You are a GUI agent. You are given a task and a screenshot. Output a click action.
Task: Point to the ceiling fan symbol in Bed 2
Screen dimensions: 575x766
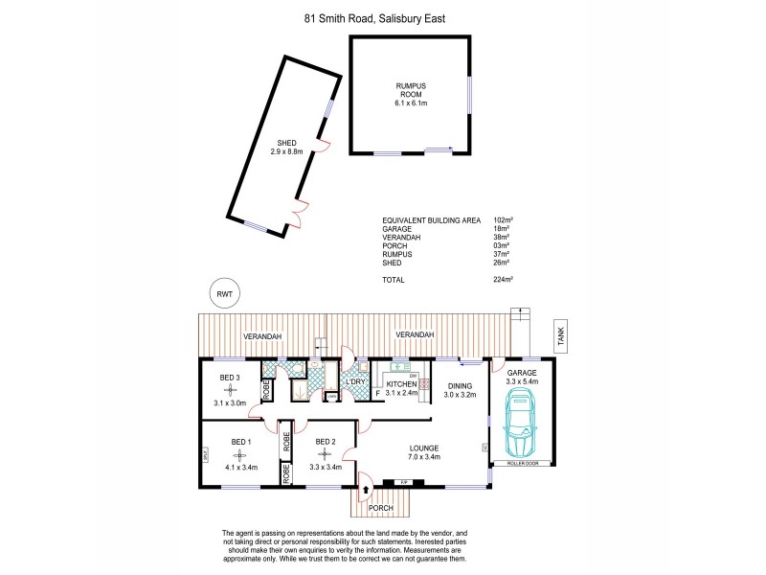tap(326, 455)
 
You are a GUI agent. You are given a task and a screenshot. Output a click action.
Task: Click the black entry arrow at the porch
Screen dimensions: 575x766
tap(365, 490)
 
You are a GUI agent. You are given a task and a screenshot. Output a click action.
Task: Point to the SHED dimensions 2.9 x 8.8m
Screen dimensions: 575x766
tap(285, 151)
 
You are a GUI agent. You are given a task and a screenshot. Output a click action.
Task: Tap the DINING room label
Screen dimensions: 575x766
tap(461, 386)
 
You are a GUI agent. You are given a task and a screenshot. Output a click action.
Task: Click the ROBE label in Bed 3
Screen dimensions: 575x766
tap(269, 390)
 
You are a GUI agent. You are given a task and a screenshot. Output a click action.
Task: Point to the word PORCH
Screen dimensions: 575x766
tap(381, 508)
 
